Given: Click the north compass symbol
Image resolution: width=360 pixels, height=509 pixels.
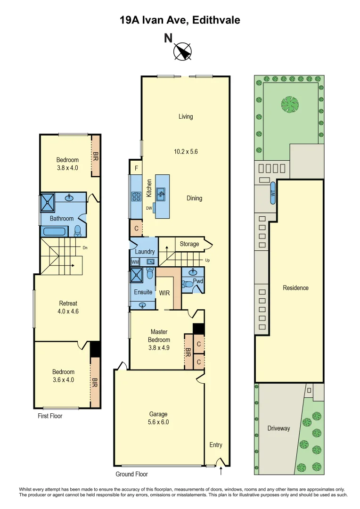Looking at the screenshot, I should pos(182,51).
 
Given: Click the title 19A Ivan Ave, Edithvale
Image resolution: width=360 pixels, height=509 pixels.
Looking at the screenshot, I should pos(180,20).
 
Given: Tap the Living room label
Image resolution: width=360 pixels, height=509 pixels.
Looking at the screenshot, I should pos(186,116).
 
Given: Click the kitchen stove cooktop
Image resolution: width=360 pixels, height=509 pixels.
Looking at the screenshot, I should pos(136,197).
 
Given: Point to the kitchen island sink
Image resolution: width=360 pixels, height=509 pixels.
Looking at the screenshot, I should pos(160,192).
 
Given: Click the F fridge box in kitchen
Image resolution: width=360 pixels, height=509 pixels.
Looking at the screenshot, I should pos(136,167).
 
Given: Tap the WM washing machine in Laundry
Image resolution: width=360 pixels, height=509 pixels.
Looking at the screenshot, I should pos(135,262).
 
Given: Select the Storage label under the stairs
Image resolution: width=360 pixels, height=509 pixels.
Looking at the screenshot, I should pos(189,244).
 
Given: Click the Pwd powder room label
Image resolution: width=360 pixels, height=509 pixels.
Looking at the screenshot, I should pos(197,281).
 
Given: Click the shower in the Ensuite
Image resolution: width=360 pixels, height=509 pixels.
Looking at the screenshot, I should pos(137,274).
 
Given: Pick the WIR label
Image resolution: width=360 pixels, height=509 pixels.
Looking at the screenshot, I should pos(164,293).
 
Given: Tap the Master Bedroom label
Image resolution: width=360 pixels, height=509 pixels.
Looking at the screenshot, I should pos(159,336).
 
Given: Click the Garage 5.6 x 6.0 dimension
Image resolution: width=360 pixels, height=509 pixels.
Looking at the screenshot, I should pos(159,422).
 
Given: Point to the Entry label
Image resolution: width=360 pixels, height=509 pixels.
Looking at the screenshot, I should pos(216,445).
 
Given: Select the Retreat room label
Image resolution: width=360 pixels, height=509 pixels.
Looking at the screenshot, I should pos(68,303).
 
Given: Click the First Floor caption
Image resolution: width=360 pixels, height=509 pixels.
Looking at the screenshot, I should pos(50,416).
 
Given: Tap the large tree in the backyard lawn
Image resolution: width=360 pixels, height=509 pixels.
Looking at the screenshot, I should pos(289,104).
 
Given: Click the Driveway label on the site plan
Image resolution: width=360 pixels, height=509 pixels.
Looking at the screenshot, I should pos(279,428).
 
